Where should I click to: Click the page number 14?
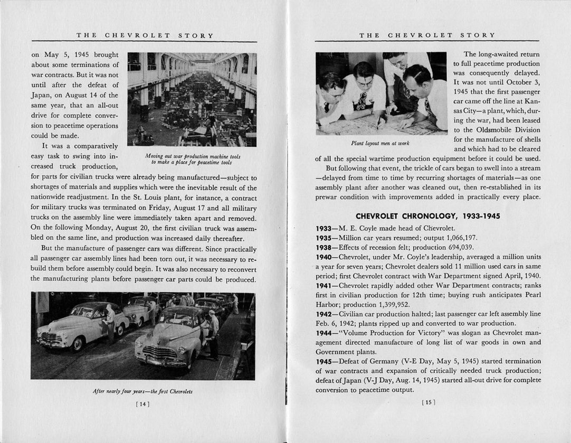(143, 404)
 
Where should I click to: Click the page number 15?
(428, 402)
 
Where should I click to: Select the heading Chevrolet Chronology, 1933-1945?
(428, 216)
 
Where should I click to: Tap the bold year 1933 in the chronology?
(323, 228)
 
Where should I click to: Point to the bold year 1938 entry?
(323, 247)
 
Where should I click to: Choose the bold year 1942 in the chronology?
(323, 314)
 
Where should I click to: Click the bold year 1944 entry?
(323, 333)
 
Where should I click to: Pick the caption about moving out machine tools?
(192, 159)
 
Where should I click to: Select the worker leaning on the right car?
(213, 333)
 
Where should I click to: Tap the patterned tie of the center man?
(363, 100)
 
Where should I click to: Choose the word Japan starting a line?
(41, 95)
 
